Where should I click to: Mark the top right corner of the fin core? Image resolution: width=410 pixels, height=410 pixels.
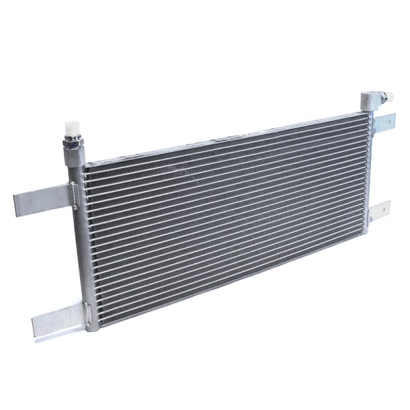(x=362, y=116)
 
